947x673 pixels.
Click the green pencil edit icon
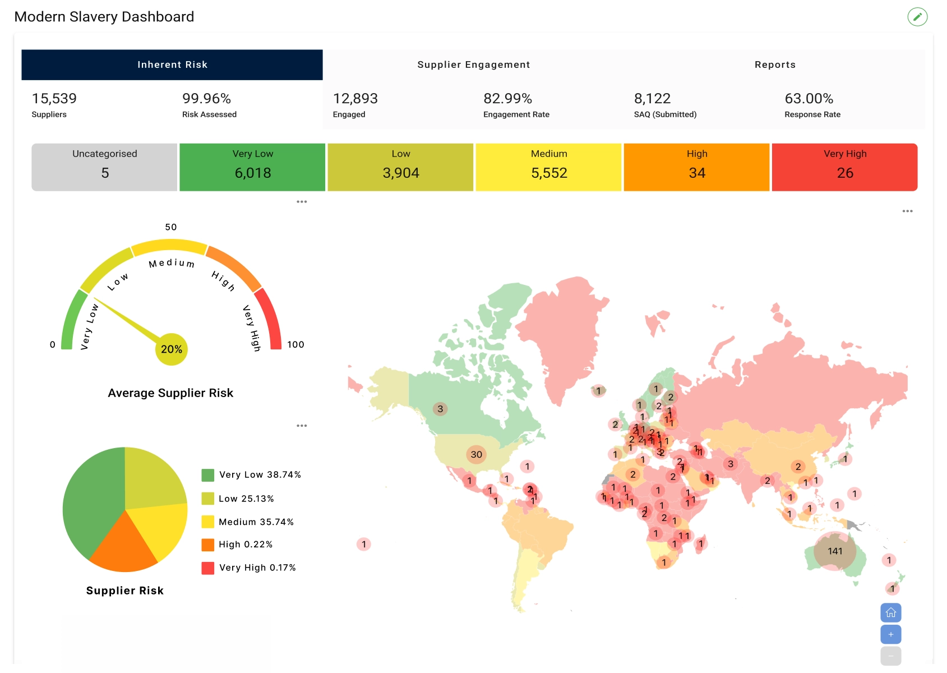(917, 17)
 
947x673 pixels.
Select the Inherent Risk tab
(172, 64)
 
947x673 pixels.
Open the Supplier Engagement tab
(473, 64)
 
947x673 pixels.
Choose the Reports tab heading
(774, 64)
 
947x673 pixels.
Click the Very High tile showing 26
(844, 167)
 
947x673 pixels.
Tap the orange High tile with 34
(696, 167)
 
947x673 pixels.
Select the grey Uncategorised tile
(104, 167)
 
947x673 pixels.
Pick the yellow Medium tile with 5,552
(548, 167)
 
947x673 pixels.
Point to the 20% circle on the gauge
(171, 349)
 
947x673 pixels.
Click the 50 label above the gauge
(171, 227)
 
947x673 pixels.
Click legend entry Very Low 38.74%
(260, 475)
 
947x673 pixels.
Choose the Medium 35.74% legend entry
(256, 522)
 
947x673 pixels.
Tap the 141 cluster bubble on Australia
(835, 551)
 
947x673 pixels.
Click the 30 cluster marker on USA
(476, 454)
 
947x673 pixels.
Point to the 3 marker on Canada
(440, 409)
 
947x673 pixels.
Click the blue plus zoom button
(890, 634)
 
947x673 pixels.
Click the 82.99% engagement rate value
(507, 99)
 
